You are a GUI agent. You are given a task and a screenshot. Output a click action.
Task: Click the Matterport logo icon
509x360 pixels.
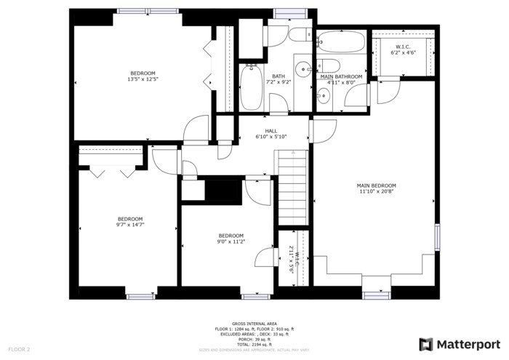(x=426, y=344)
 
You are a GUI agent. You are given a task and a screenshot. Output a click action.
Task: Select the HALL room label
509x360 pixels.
(x=270, y=131)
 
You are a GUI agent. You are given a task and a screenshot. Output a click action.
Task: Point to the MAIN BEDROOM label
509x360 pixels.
(x=376, y=185)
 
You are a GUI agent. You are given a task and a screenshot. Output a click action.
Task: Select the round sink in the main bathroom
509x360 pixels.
(x=321, y=92)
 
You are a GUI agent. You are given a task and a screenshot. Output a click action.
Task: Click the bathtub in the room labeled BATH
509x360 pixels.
(x=252, y=87)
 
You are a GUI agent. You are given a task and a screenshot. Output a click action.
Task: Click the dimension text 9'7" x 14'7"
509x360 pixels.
(x=130, y=225)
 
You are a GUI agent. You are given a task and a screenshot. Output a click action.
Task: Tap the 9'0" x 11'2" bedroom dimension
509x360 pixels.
(x=231, y=241)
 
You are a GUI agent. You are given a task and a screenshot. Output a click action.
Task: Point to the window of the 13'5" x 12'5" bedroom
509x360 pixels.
(x=137, y=10)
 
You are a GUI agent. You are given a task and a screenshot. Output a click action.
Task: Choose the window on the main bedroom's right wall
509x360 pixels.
(x=437, y=237)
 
